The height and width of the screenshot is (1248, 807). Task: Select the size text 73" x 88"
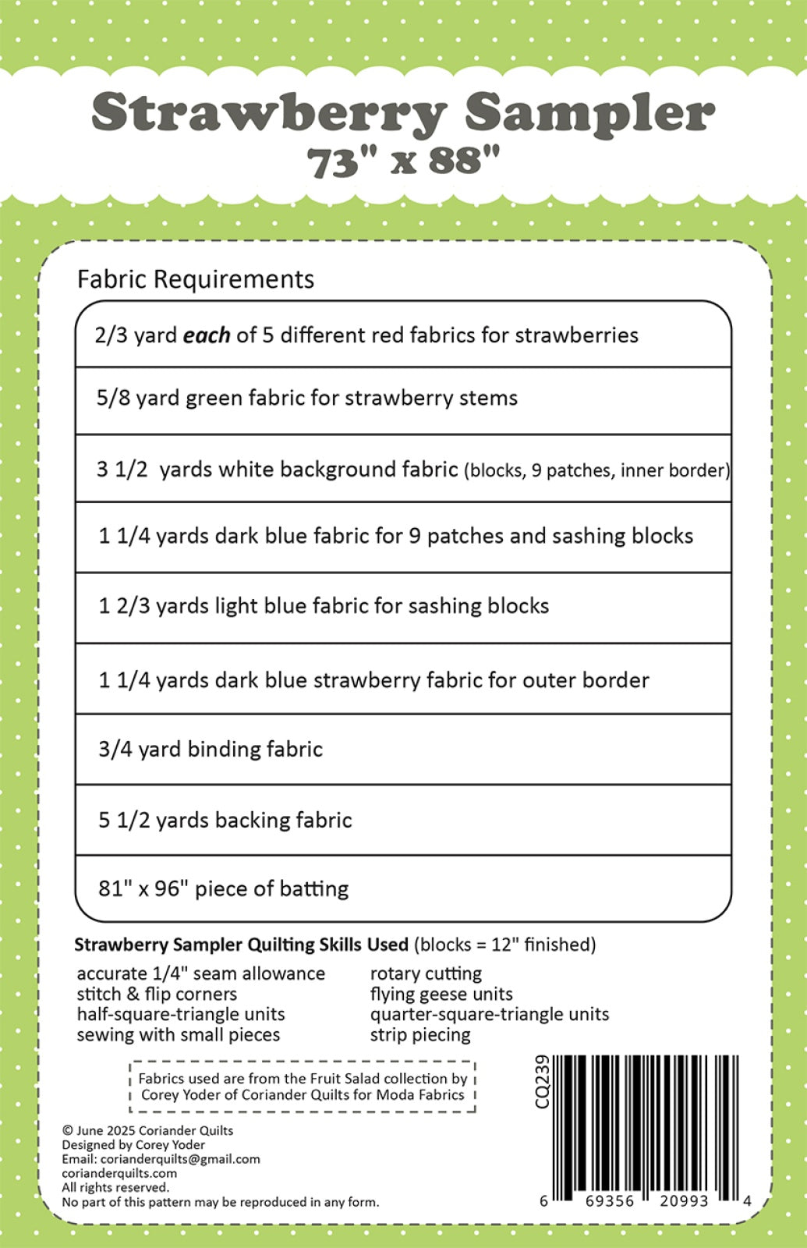(x=402, y=162)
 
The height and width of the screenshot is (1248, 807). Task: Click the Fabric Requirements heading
(x=196, y=279)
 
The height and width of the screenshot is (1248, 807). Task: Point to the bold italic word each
(x=206, y=335)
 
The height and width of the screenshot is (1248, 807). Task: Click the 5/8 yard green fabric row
(x=306, y=399)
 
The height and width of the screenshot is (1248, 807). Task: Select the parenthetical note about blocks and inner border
(x=596, y=470)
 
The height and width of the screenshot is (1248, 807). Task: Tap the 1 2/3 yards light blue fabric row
(x=324, y=606)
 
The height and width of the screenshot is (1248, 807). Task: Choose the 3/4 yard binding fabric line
(x=211, y=750)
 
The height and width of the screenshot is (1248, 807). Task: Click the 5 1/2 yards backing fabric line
(x=225, y=821)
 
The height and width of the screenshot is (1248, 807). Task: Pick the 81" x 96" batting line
(x=223, y=889)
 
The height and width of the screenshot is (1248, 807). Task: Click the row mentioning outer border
(x=373, y=680)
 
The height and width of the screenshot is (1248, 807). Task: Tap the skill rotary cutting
(x=426, y=973)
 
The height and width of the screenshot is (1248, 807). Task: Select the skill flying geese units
(x=441, y=994)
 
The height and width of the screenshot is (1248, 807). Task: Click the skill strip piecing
(x=420, y=1035)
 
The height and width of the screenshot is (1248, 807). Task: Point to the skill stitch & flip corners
(x=157, y=994)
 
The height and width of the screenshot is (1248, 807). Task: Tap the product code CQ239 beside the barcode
(x=543, y=1081)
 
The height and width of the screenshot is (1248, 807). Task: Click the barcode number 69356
(x=610, y=1201)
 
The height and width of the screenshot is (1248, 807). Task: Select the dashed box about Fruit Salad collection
(x=303, y=1087)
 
